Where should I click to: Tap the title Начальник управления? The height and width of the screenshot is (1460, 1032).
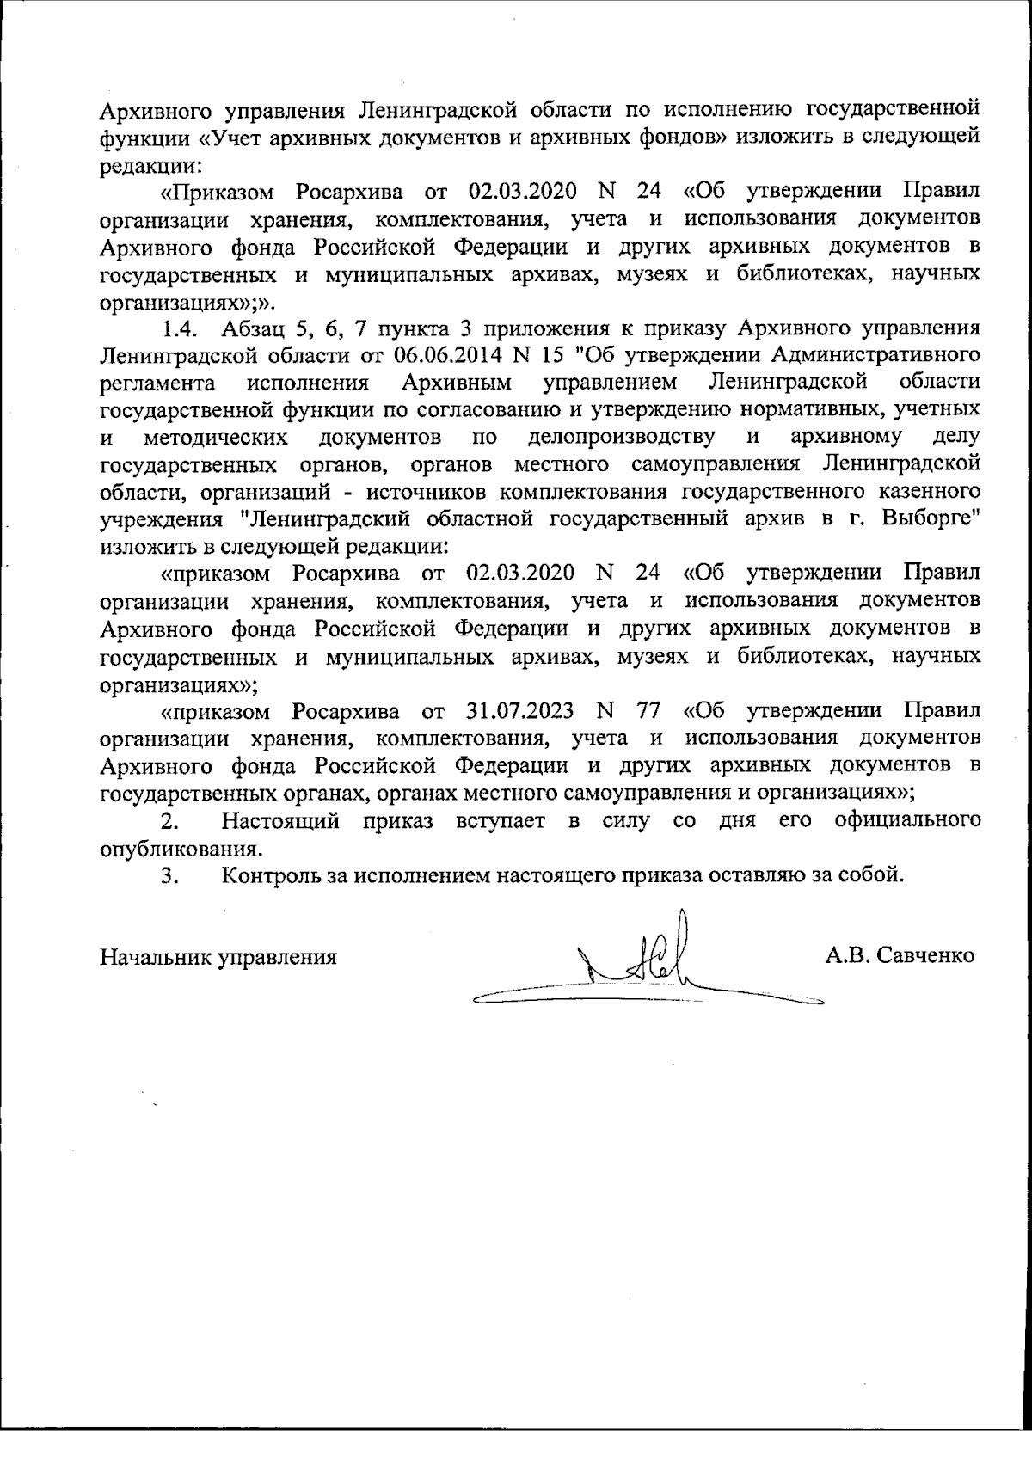tap(218, 956)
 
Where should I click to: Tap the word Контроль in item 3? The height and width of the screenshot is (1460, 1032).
tap(271, 876)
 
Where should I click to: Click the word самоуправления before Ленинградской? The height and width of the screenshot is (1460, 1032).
tap(720, 464)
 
